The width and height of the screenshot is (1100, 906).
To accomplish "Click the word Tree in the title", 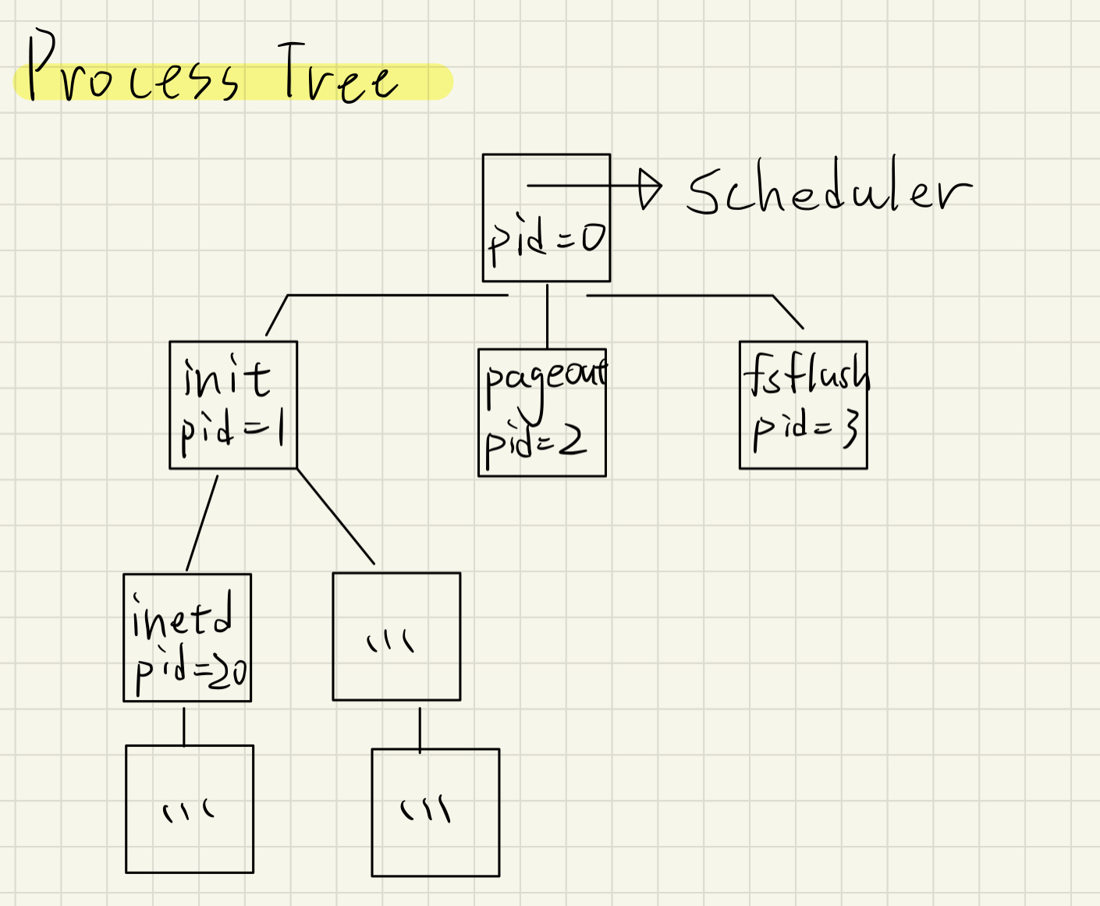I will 337,75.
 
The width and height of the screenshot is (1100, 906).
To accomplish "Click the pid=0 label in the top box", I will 546,239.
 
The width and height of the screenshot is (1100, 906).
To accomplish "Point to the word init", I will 227,378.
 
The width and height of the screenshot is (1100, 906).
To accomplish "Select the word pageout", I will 545,379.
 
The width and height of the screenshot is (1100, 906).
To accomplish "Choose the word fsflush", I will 806,375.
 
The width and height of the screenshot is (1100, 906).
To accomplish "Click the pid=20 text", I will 190,670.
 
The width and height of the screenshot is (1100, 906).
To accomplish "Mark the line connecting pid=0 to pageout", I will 547,315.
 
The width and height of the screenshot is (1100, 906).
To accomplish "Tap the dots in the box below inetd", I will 188,812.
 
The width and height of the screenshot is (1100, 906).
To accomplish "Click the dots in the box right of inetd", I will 391,641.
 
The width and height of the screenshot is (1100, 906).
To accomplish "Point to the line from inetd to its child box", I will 184,726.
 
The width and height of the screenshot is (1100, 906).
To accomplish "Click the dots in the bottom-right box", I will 426,810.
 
